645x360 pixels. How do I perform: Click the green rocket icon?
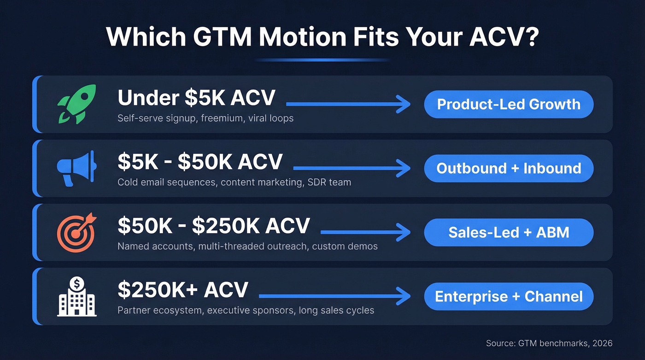click(76, 104)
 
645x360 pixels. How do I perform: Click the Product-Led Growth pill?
click(509, 104)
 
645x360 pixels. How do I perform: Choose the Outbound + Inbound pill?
click(509, 168)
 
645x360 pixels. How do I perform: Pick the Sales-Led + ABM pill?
click(509, 232)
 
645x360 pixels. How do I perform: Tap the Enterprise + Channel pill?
click(509, 296)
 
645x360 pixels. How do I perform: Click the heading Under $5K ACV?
click(196, 98)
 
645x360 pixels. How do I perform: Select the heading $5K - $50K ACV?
click(200, 162)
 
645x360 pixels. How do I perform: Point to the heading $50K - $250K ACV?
click(214, 226)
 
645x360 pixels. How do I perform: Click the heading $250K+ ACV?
click(183, 290)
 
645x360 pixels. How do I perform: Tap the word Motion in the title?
click(299, 37)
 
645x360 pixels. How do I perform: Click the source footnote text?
click(549, 343)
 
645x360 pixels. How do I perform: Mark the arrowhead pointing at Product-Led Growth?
click(404, 104)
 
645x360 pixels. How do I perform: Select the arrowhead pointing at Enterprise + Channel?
click(404, 296)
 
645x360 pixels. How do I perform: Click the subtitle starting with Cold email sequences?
click(234, 182)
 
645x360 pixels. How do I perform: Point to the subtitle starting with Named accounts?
click(247, 246)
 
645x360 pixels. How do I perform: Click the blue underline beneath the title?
click(322, 60)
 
